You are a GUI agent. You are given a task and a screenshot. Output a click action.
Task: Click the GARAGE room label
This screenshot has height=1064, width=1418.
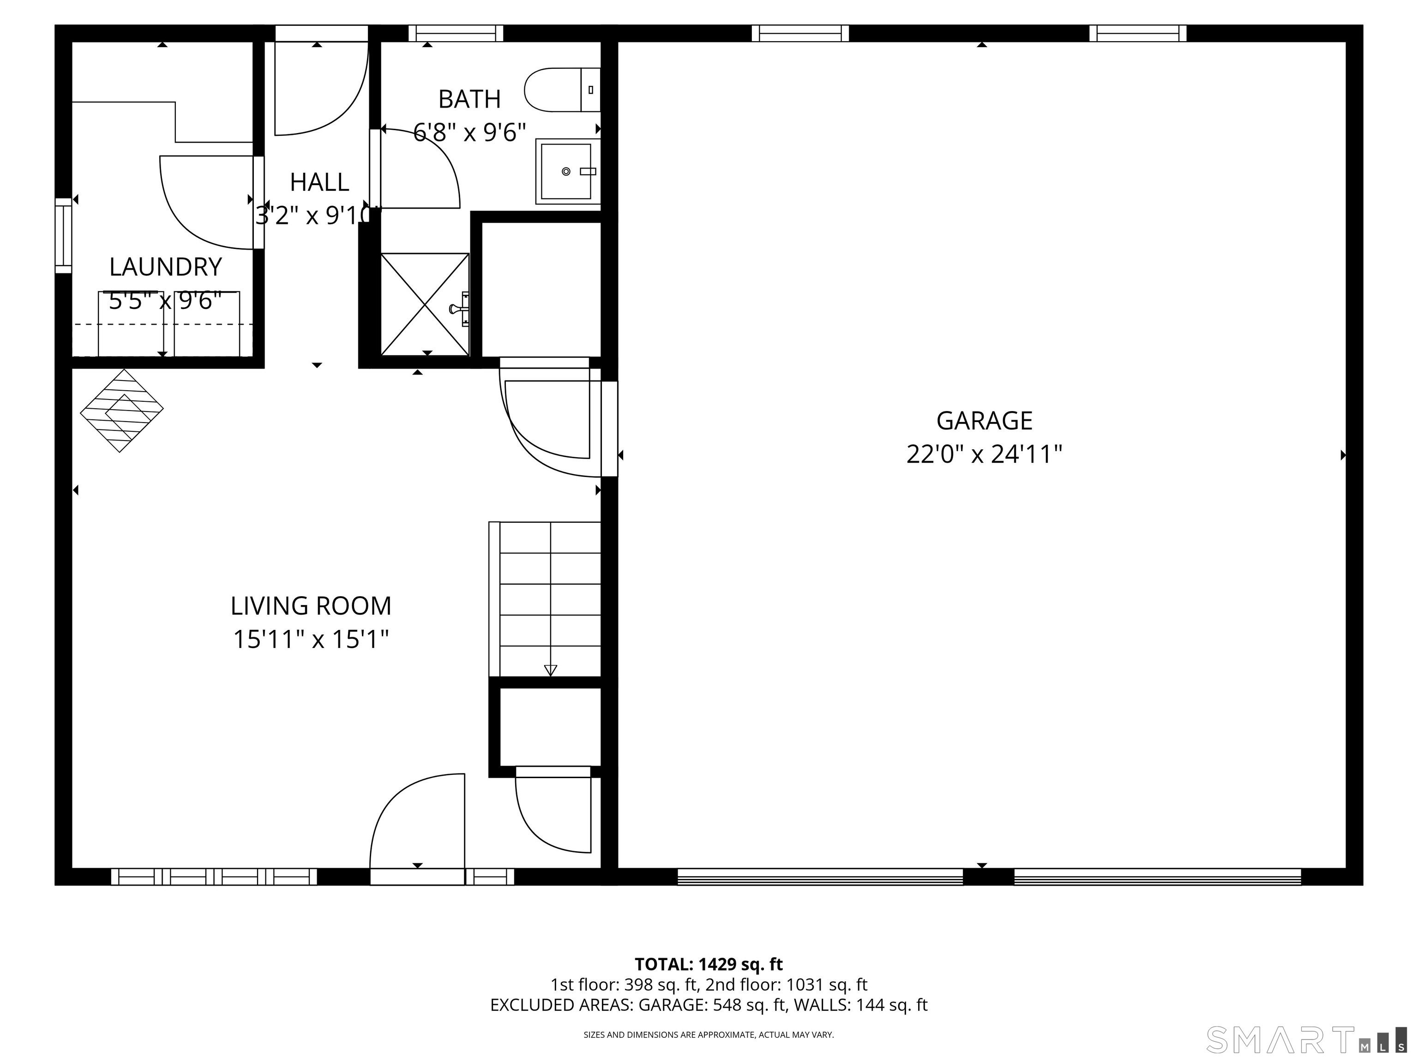[x=984, y=421]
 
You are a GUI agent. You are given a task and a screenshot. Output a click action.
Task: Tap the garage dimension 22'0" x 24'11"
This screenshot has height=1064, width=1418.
[x=984, y=455]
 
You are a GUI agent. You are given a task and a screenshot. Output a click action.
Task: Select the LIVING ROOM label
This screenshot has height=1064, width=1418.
[x=311, y=606]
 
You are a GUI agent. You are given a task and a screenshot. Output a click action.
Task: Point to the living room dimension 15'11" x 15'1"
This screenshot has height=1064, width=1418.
[x=311, y=640]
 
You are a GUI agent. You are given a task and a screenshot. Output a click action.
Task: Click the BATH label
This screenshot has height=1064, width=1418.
[x=469, y=99]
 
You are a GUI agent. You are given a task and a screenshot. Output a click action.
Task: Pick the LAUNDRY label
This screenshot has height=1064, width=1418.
[x=165, y=267]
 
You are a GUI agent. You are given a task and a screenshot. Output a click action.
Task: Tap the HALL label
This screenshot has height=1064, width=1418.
[x=319, y=182]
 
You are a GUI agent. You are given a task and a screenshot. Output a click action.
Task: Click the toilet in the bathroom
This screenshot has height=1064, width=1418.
[x=562, y=90]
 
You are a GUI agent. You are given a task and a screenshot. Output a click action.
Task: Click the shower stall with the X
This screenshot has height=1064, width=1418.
[x=425, y=304]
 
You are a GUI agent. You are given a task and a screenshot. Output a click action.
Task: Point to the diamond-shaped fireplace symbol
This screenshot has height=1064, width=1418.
[x=122, y=411]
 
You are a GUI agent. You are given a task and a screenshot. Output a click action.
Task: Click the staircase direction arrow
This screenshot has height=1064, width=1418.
[x=550, y=670]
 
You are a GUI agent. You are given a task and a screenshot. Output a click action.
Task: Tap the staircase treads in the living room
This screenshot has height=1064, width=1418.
[x=544, y=599]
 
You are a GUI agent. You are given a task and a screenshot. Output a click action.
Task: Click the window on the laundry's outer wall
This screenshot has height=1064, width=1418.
[x=63, y=236]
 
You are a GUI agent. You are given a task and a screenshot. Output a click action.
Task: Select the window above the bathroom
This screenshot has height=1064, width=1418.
[x=456, y=33]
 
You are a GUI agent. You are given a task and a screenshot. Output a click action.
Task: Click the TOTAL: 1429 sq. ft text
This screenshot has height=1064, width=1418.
[x=709, y=964]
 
